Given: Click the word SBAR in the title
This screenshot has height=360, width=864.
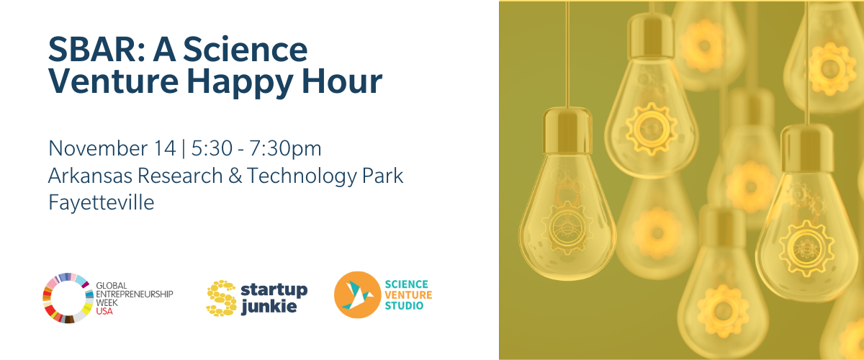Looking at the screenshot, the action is coord(96,49).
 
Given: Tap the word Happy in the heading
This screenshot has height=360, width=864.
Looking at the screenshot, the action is coord(240,83).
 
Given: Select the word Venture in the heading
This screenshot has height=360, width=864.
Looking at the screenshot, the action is coord(114,81).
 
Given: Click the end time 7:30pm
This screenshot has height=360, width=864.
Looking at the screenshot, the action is coord(285,149).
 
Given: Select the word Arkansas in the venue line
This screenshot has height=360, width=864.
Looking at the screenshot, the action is coord(90,176).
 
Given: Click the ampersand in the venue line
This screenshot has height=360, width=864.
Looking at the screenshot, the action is coord(235,176).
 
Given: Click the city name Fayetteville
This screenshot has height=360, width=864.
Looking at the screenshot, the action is coord(101,203).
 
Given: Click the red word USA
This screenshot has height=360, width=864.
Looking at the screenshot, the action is coord(104,311).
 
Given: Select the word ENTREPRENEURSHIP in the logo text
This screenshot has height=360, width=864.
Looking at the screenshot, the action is coord(134,294).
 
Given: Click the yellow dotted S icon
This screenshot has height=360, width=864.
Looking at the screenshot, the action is coord(222,298).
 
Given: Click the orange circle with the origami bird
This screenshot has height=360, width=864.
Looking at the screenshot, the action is coord(358,294).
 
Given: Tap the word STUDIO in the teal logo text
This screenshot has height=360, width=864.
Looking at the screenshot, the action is coord(404,305).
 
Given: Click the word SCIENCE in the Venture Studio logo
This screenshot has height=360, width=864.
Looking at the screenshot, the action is coord(406,284).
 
